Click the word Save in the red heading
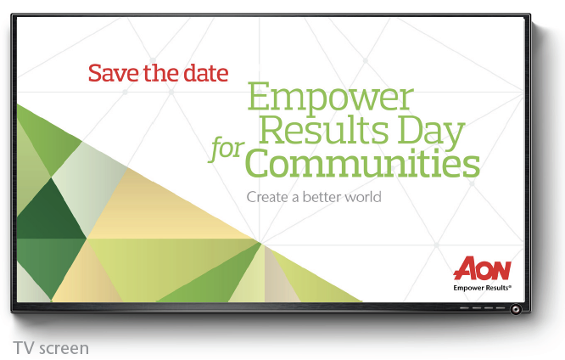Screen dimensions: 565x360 113,73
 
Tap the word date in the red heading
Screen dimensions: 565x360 206,73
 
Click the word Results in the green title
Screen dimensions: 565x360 323,129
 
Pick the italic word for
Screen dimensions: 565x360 227,149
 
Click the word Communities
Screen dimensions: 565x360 364,163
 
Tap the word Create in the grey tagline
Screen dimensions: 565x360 267,197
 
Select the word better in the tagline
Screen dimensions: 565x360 322,197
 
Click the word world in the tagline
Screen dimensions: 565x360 362,197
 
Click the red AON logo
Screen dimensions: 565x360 482,268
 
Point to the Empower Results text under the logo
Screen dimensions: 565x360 482,288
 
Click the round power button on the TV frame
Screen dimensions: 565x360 516,309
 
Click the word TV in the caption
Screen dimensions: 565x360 25,348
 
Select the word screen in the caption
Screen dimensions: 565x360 64,349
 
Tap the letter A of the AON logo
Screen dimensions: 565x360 465,268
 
